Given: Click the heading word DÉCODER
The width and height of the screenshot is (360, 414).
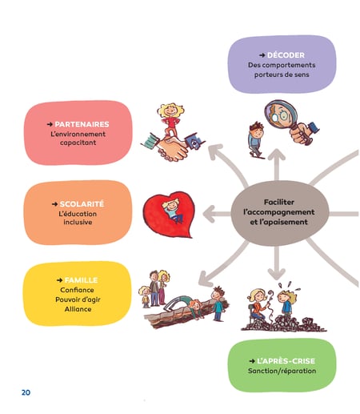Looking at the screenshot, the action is (286, 55).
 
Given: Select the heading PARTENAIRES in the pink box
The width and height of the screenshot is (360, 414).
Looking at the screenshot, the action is (82, 124).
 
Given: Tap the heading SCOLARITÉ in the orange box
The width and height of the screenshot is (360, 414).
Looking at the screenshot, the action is (82, 204).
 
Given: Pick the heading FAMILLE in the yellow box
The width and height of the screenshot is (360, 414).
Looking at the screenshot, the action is (81, 280).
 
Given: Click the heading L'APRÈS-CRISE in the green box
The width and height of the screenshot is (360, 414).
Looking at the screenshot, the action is (286, 361).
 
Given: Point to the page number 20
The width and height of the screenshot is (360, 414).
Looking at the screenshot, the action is (26, 392).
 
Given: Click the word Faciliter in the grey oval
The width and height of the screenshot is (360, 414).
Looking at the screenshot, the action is (279, 202).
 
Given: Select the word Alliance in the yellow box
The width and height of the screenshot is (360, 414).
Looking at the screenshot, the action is (78, 309).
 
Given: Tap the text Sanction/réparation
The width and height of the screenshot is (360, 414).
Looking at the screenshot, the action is (282, 371).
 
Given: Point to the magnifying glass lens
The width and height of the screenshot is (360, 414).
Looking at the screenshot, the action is (280, 115).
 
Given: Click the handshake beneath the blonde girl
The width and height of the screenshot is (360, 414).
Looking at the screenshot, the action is (172, 148).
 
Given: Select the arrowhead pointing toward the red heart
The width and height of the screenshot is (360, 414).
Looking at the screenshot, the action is (209, 214).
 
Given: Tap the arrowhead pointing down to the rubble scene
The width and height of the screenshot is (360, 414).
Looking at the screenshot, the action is (277, 274).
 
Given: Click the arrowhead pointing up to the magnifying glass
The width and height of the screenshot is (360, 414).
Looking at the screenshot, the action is (277, 155).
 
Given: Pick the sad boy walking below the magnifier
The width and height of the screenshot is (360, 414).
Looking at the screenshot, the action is (256, 139).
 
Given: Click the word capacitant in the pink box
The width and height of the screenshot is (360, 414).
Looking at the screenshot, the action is (78, 143).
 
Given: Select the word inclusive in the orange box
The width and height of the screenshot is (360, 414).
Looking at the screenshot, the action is (78, 222).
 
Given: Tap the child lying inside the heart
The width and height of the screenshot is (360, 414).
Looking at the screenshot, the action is (172, 210).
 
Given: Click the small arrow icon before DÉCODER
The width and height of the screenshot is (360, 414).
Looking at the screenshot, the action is (262, 55).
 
